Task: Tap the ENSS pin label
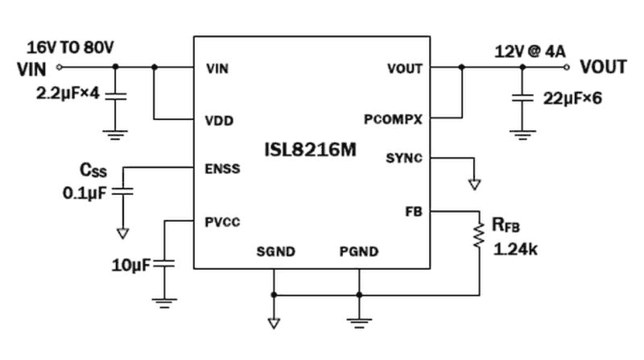coord(223,168)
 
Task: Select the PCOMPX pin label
coord(393,120)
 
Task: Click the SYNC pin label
coord(404,158)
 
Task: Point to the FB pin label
coord(413,211)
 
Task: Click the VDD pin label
coord(219,122)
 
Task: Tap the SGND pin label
coord(276,252)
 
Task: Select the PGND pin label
coord(358,252)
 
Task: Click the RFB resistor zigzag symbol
coord(479,235)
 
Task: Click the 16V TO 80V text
coord(70,48)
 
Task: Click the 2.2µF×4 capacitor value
coord(67,94)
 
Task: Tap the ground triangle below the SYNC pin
coord(475,185)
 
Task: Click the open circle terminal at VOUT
coord(566,67)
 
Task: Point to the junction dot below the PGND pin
coord(359,295)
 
